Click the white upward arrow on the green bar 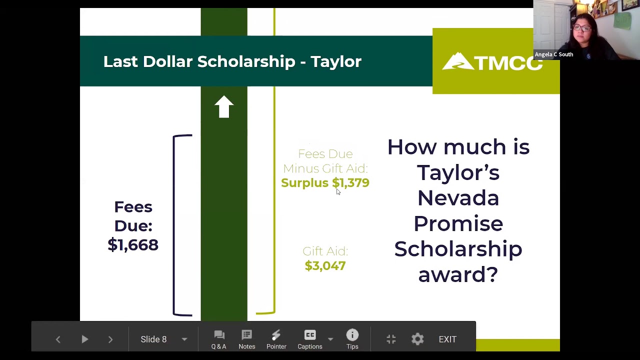(x=224, y=106)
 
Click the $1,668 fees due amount (x=133, y=244)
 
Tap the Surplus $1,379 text (x=325, y=183)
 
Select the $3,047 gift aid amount (x=325, y=265)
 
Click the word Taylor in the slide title (x=335, y=61)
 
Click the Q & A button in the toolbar (x=218, y=339)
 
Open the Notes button (x=246, y=339)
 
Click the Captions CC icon (x=310, y=335)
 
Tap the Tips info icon (x=352, y=335)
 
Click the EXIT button (x=447, y=339)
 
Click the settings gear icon (x=417, y=339)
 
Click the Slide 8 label (x=153, y=339)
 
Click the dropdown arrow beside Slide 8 (x=184, y=339)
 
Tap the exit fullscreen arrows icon (x=391, y=339)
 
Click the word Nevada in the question (x=458, y=198)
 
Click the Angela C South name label (x=554, y=54)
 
